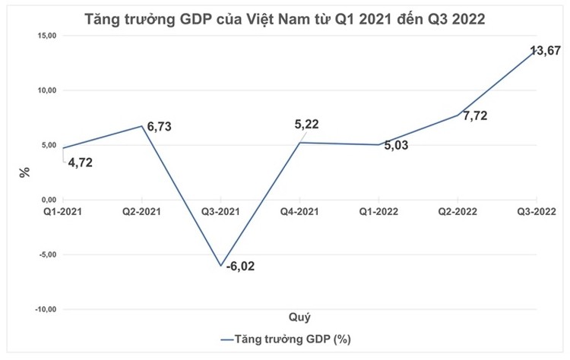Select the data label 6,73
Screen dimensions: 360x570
(159, 127)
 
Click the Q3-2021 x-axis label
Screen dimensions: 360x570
(220, 212)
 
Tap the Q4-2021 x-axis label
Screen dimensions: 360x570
(299, 212)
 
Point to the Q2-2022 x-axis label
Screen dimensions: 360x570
(456, 212)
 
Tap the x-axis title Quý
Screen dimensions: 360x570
(299, 316)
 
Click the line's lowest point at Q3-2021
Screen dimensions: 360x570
(220, 266)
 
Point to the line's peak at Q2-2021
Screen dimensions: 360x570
(142, 125)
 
